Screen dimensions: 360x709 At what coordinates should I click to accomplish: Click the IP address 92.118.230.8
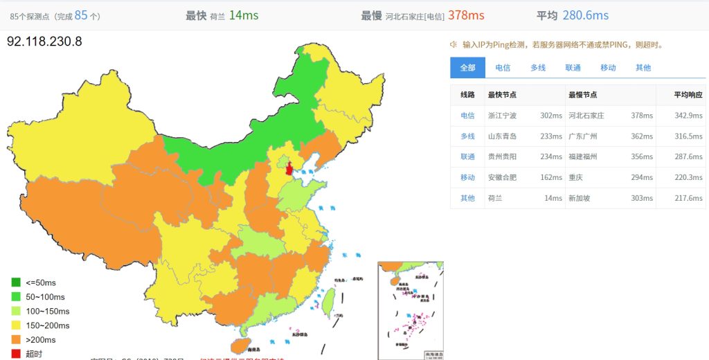[44, 41]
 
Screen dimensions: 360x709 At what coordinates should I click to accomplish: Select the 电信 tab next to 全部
[503, 67]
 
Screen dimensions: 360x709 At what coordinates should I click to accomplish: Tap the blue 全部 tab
[467, 67]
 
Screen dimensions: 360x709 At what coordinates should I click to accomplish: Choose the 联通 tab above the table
[573, 67]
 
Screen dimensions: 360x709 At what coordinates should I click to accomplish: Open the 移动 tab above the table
[608, 67]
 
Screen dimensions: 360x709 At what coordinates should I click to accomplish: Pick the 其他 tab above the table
[643, 67]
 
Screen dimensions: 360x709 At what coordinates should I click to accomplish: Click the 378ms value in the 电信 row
[642, 116]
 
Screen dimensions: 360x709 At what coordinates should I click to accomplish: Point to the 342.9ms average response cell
[688, 116]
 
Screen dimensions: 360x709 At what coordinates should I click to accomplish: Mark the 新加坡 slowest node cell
[579, 198]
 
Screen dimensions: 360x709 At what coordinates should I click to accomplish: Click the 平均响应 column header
[688, 95]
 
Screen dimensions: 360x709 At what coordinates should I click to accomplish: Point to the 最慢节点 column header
[582, 95]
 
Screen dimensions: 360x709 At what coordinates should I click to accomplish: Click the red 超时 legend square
[16, 354]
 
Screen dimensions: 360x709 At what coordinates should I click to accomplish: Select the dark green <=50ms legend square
[16, 282]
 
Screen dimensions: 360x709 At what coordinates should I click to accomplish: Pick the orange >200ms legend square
[16, 339]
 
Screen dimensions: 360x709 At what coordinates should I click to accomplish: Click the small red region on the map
[289, 168]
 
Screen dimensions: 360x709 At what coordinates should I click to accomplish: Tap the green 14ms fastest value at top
[244, 15]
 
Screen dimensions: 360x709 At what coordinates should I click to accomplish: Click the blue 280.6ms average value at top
[586, 15]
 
